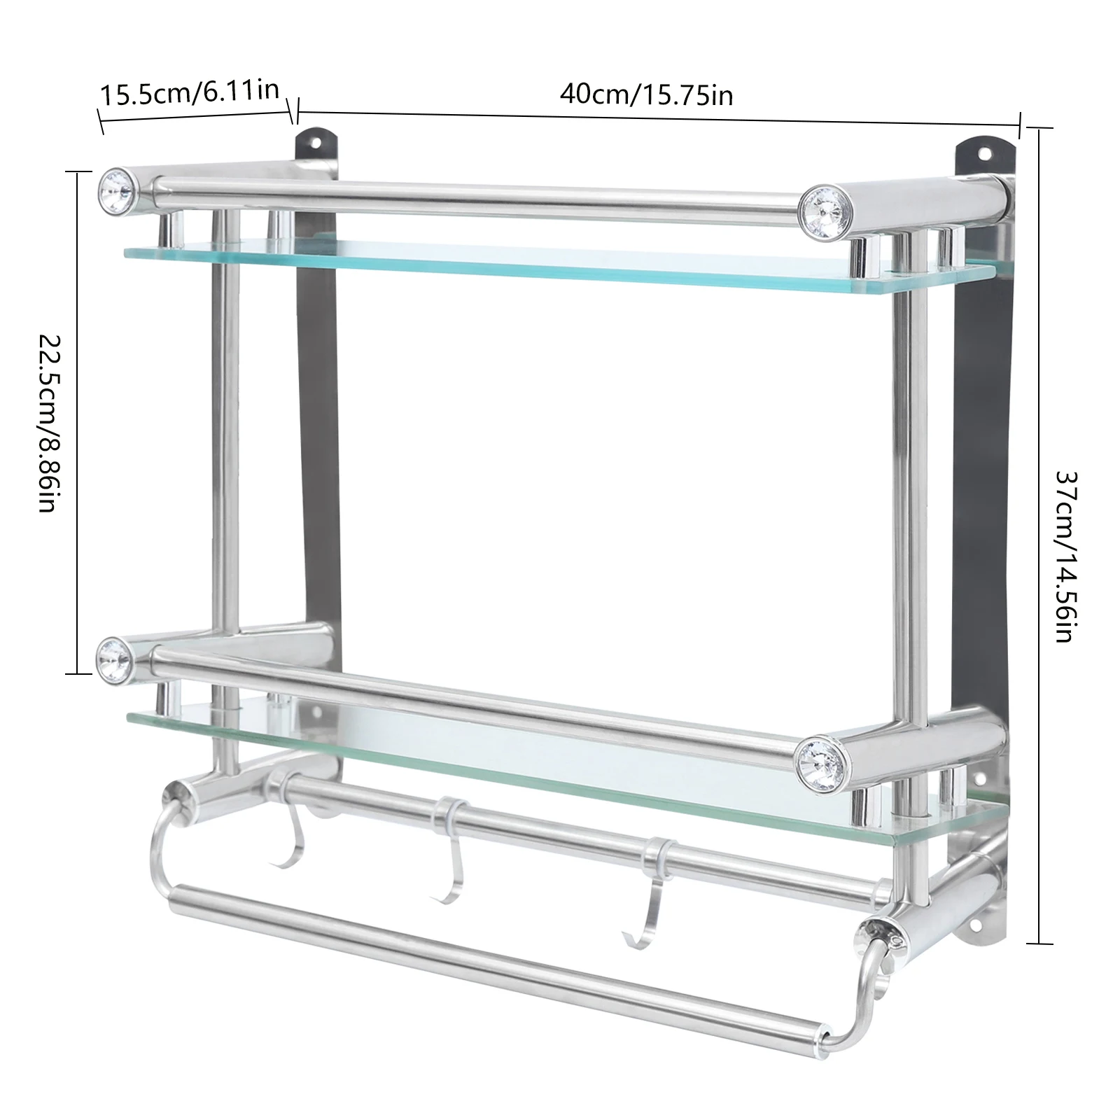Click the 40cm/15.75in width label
click(x=645, y=93)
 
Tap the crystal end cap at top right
click(x=820, y=207)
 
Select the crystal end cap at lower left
click(x=115, y=656)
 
